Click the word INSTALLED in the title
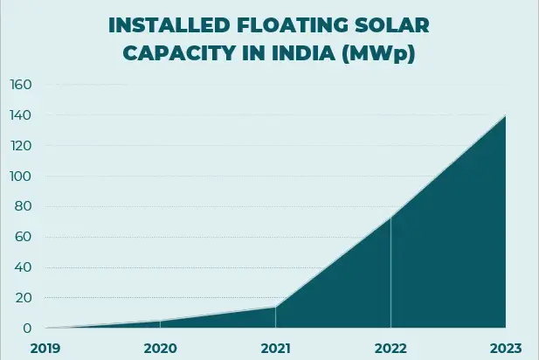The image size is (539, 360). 165,24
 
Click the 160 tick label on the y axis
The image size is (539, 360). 20,85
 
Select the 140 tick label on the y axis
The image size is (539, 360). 20,115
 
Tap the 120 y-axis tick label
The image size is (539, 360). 20,146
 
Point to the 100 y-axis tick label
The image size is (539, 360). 20,177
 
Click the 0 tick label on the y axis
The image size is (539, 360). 27,329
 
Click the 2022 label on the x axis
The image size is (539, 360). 390,348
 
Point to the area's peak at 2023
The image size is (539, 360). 505,115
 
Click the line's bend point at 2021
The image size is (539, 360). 276,307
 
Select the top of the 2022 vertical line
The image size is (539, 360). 390,217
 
